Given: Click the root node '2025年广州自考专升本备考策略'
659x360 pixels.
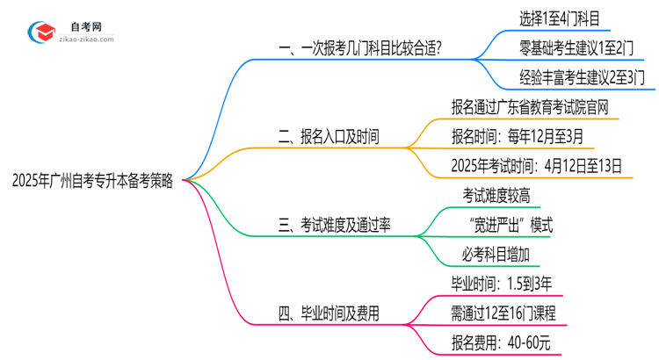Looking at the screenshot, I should tap(92, 182).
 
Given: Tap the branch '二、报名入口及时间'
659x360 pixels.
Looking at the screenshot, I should tap(329, 137).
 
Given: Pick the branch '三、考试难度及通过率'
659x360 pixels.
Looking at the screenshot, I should tap(335, 226).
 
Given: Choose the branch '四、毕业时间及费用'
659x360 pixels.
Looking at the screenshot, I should tap(329, 313).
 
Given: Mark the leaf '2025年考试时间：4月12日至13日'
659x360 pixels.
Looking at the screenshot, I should tap(536, 166).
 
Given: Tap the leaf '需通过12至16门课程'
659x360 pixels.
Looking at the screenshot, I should tap(503, 313).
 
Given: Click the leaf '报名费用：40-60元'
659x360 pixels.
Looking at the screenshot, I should tap(498, 343).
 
